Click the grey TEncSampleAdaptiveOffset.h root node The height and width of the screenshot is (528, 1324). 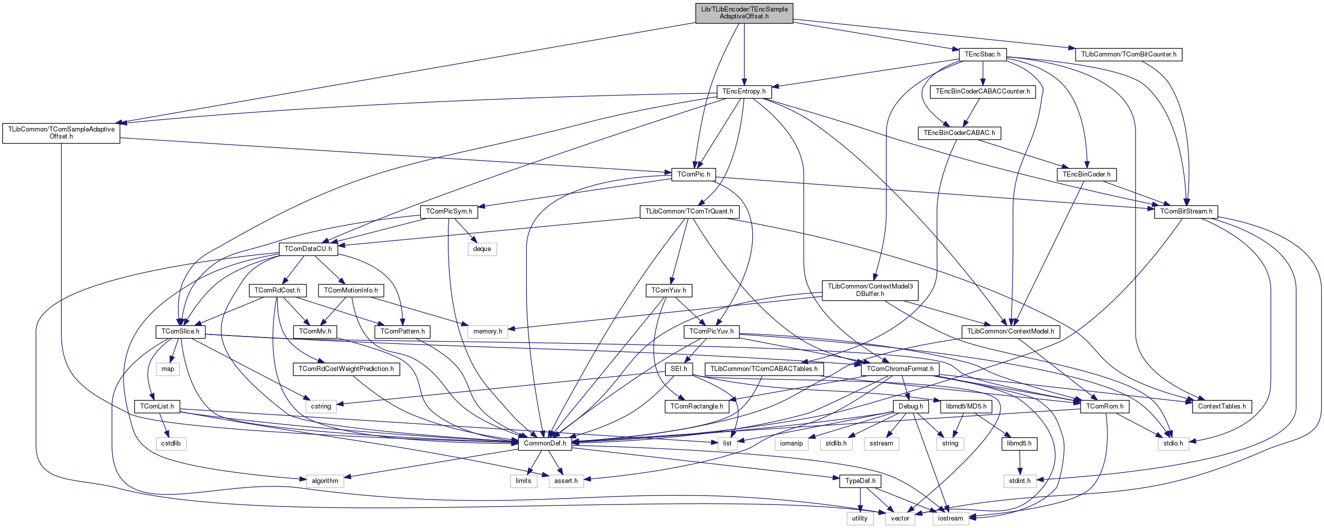pos(744,13)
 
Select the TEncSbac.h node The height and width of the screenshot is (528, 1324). pos(982,54)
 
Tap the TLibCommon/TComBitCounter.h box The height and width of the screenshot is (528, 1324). pos(1128,54)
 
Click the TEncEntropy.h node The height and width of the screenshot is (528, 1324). pos(744,91)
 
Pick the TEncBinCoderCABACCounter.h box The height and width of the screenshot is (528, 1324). pos(982,91)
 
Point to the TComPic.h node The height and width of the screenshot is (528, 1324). pos(693,174)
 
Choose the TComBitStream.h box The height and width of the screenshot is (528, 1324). pos(1186,211)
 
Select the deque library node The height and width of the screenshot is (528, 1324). pos(482,249)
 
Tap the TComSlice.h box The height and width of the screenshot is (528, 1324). pos(180,331)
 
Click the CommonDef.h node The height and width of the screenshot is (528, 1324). pos(545,443)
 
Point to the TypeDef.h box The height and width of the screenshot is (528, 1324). pos(860,480)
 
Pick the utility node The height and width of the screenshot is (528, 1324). pos(859,518)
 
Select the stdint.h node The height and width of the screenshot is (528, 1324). pos(1019,480)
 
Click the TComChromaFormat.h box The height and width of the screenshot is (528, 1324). pos(900,368)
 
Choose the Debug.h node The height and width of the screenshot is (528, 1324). pos(911,406)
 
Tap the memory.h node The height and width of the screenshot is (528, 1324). pos(487,331)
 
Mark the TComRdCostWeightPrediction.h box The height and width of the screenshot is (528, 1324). pos(346,368)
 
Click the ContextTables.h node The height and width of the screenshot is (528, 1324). pos(1221,406)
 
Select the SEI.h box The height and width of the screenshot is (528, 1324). pos(678,368)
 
